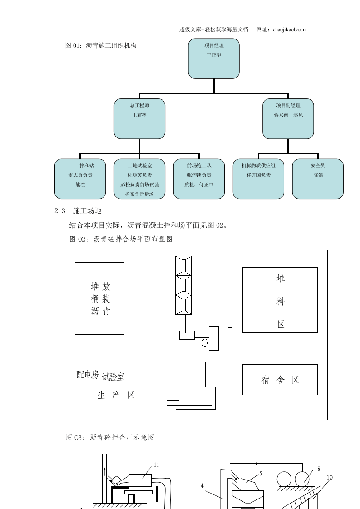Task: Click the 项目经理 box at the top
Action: (x=214, y=59)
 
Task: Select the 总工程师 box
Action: (x=139, y=119)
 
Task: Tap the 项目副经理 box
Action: (x=288, y=119)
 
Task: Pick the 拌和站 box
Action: (x=80, y=179)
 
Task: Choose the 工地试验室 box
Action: (x=139, y=179)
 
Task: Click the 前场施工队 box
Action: (x=199, y=179)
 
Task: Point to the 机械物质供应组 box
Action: (x=258, y=179)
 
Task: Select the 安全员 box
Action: (x=317, y=179)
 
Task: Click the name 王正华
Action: (x=214, y=55)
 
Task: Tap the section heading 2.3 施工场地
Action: (x=78, y=211)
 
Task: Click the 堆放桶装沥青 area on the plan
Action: (x=100, y=299)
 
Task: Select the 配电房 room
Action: (x=87, y=375)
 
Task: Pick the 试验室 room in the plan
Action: (x=113, y=377)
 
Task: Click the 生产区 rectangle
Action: (x=115, y=395)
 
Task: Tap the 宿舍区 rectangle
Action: (x=280, y=380)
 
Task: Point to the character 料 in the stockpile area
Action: (x=280, y=301)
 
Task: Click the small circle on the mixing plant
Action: (x=205, y=343)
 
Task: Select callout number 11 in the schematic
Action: (x=156, y=465)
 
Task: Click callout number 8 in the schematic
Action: (x=319, y=469)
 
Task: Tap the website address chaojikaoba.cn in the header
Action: (x=289, y=29)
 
